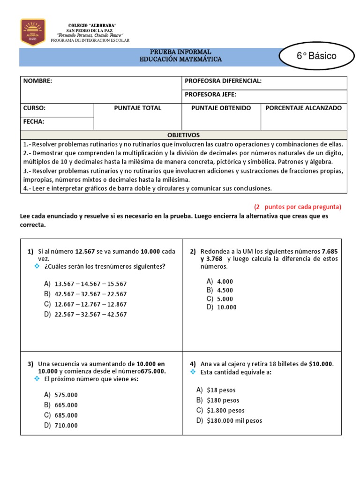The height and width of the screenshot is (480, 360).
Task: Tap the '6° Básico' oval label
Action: [x=316, y=56]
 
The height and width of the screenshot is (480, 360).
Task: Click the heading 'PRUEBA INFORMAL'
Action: [x=180, y=52]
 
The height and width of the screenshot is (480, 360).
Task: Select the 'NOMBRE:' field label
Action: [x=38, y=81]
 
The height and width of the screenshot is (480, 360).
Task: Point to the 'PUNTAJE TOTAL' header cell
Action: [x=137, y=108]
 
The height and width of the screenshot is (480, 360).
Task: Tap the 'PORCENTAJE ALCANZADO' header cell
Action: [x=303, y=108]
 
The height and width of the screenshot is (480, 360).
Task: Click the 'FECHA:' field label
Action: [x=34, y=121]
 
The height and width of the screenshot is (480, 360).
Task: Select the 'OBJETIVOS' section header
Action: [x=183, y=135]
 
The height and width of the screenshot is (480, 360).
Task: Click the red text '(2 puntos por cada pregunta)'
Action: [x=298, y=207]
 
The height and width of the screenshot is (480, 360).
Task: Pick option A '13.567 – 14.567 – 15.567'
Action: [x=90, y=284]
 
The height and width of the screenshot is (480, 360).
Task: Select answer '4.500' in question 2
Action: [x=225, y=290]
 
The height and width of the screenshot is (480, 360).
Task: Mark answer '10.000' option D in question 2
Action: [x=226, y=307]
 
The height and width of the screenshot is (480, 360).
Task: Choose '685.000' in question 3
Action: [x=66, y=415]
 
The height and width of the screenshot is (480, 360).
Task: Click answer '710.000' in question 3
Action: [x=66, y=426]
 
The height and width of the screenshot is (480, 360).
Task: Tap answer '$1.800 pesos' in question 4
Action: [x=225, y=410]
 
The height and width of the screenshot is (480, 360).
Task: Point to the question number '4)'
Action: [x=193, y=364]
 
